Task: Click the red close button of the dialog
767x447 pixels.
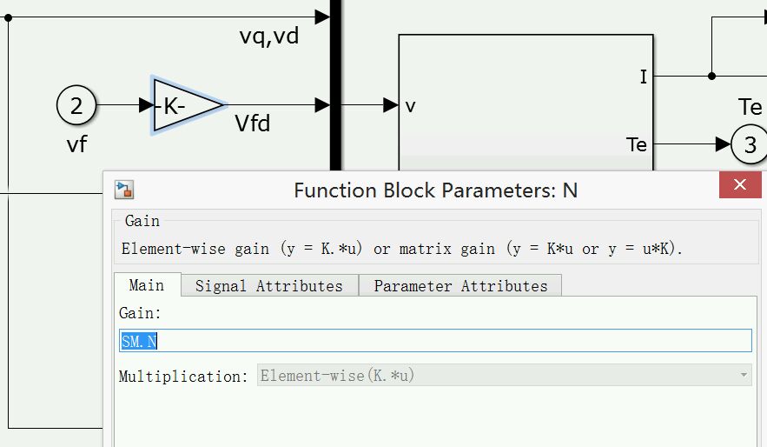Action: [x=740, y=185]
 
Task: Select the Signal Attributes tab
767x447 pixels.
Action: [x=269, y=285]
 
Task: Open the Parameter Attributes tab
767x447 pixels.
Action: [x=460, y=285]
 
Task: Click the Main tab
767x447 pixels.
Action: [x=146, y=285]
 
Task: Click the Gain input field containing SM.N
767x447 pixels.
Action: [x=434, y=341]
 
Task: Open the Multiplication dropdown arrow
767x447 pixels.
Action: [x=743, y=376]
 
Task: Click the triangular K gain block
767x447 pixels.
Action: [x=182, y=105]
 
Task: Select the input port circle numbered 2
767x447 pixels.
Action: [x=76, y=106]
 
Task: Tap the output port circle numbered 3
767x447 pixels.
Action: [x=750, y=144]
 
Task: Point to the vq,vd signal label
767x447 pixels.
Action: [x=269, y=37]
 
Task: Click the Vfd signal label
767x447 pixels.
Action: [x=253, y=124]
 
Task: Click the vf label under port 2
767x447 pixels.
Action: [x=76, y=143]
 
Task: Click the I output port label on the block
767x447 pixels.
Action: [x=643, y=77]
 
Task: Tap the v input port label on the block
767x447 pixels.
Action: [x=410, y=106]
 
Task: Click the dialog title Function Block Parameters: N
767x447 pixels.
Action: [x=435, y=190]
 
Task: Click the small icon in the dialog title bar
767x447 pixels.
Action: [x=124, y=190]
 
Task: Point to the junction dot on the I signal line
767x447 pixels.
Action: [x=711, y=76]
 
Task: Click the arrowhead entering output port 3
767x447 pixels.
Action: [x=724, y=143]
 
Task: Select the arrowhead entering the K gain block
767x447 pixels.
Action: [x=145, y=105]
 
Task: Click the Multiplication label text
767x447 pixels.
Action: [x=183, y=377]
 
